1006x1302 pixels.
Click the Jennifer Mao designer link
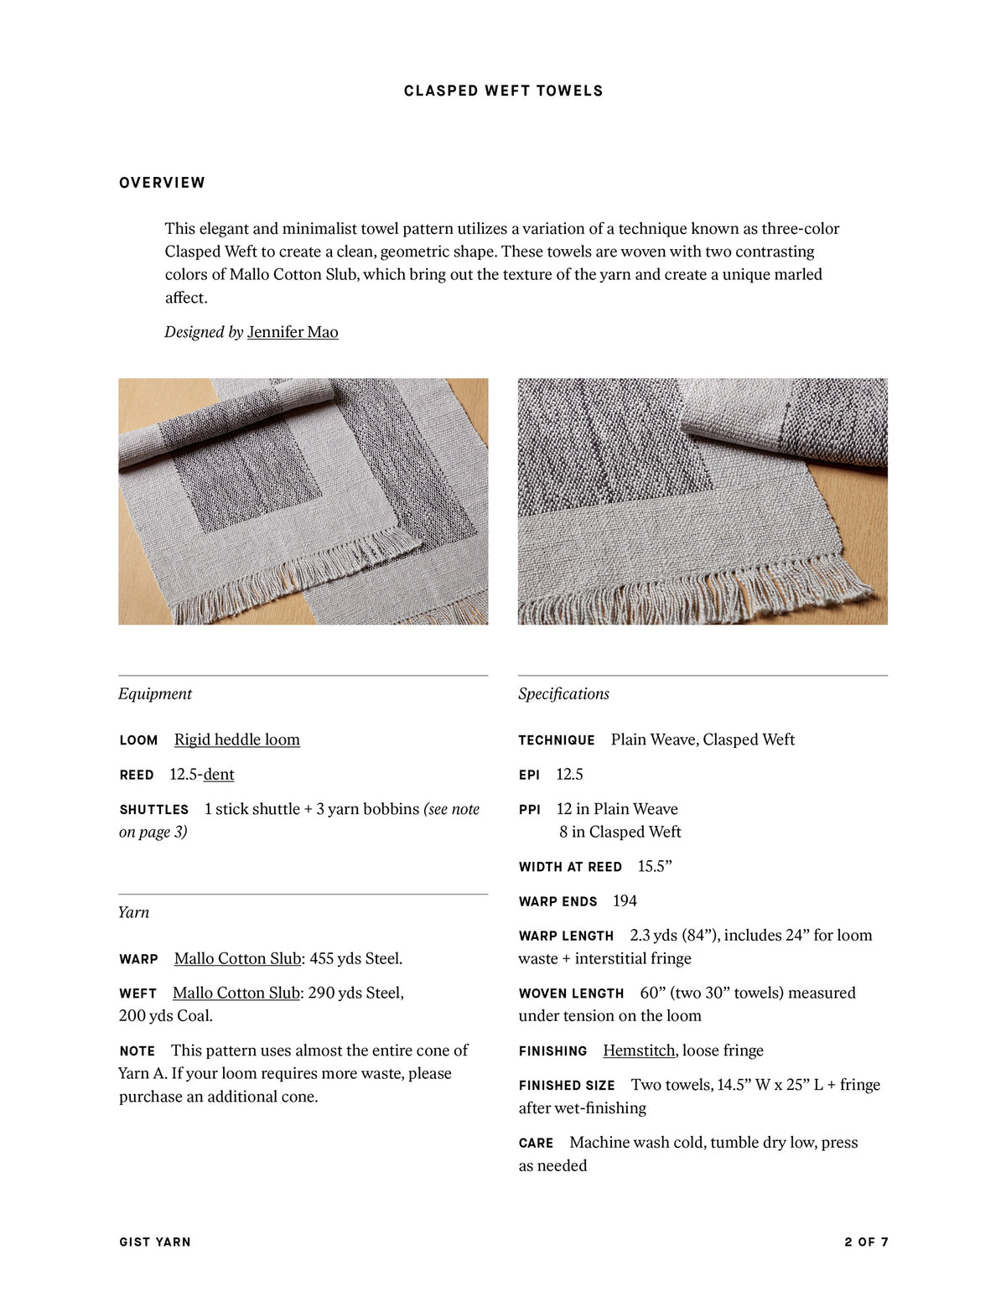[x=293, y=332]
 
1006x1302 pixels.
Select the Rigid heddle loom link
[x=236, y=739]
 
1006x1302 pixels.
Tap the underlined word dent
[x=219, y=775]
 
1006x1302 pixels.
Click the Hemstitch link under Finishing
[x=639, y=1050]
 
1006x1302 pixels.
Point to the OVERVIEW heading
[x=162, y=183]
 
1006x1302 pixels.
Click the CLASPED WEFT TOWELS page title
[x=503, y=91]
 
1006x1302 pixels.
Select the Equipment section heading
[x=155, y=694]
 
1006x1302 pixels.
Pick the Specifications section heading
[x=563, y=694]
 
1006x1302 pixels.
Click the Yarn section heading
[x=134, y=913]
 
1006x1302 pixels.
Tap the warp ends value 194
[x=625, y=901]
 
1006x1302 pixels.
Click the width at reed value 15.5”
[x=655, y=867]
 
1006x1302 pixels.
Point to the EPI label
[x=529, y=775]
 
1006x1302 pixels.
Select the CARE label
[x=536, y=1144]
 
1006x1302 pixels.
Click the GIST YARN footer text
[x=155, y=1242]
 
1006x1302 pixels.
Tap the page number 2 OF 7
[x=866, y=1242]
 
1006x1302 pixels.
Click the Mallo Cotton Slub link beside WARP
[x=237, y=959]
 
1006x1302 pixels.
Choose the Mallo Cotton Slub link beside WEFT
[x=236, y=993]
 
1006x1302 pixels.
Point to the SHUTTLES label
[x=154, y=810]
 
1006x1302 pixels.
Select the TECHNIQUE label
[x=557, y=740]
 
